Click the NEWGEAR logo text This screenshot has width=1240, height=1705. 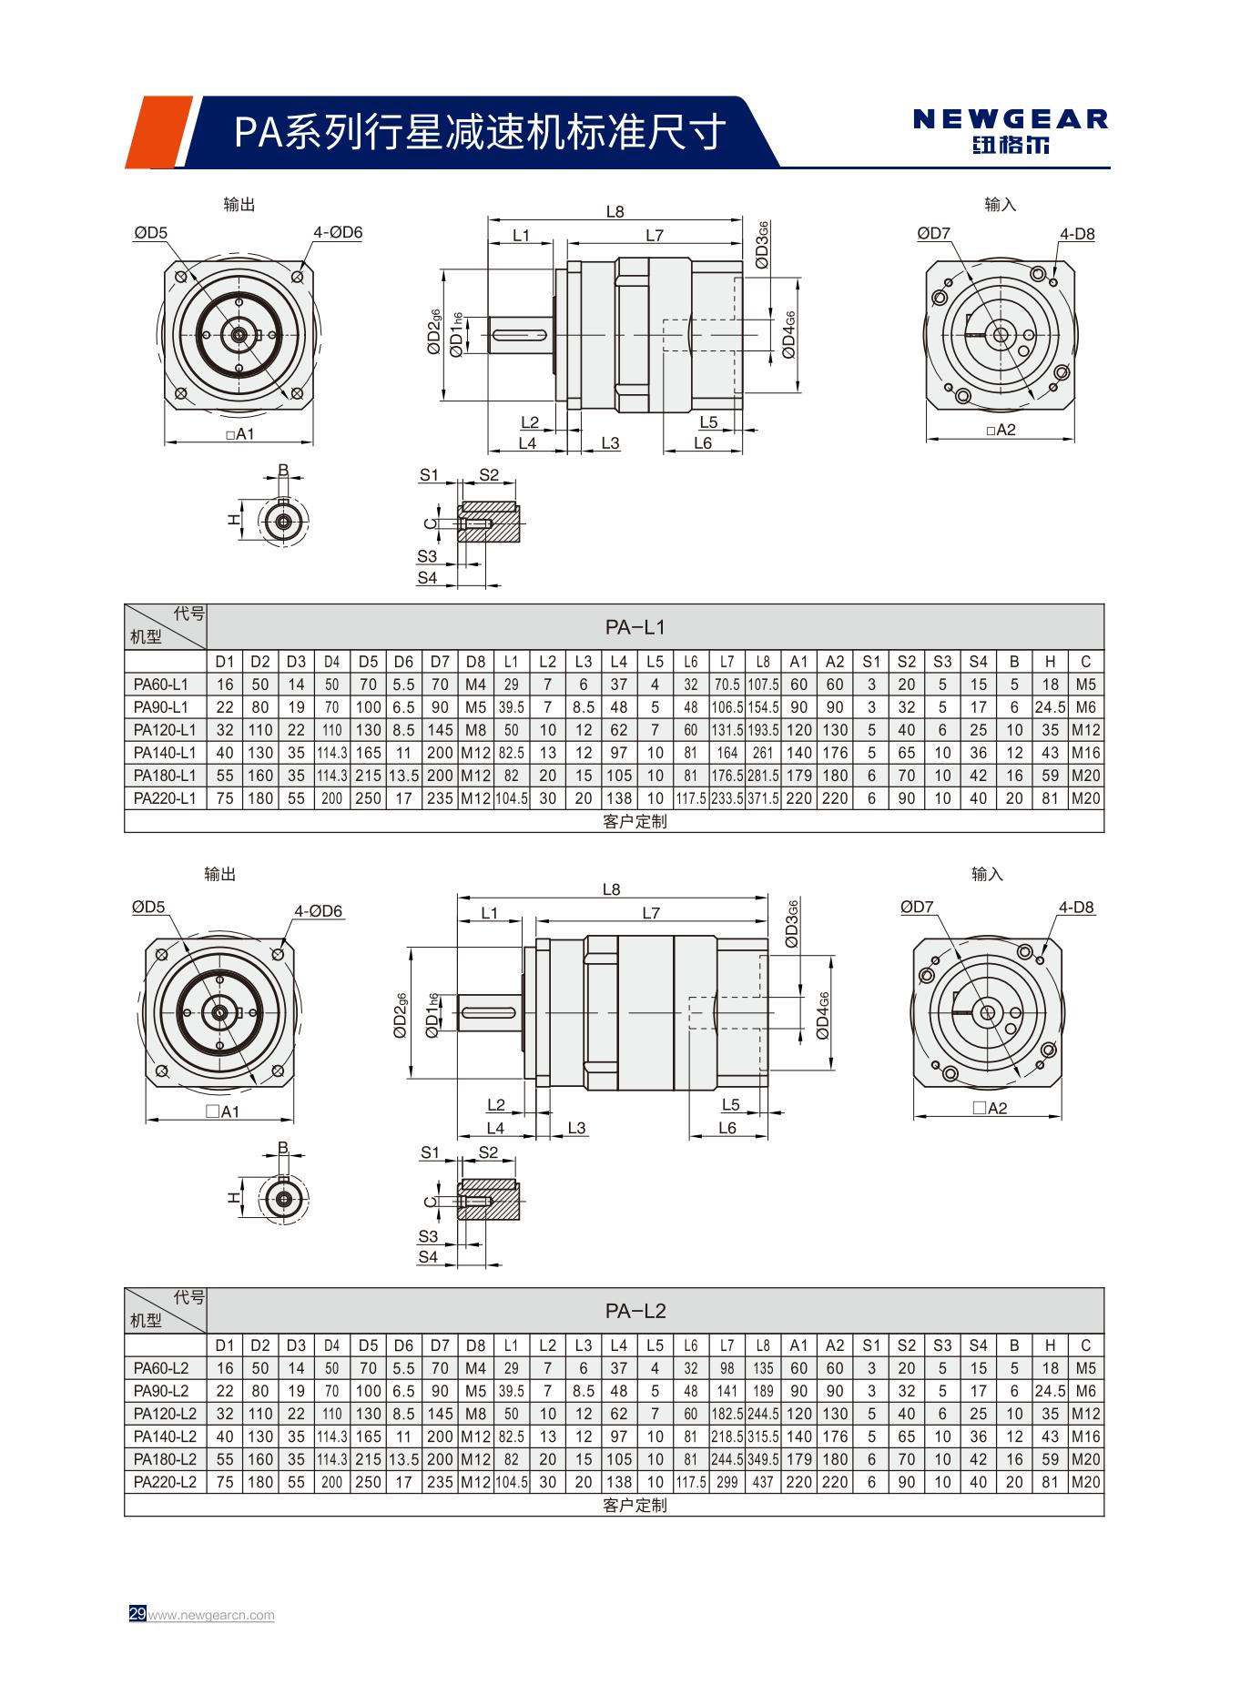click(x=1011, y=119)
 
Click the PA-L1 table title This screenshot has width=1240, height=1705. click(x=635, y=627)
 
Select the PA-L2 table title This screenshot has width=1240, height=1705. click(x=635, y=1311)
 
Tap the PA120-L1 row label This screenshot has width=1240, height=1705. click(x=165, y=730)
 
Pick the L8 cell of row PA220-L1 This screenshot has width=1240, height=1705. click(x=763, y=798)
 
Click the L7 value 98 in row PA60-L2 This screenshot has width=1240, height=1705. click(x=727, y=1368)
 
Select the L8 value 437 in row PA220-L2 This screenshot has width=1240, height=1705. click(x=763, y=1482)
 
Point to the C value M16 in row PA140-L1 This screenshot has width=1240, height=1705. click(x=1085, y=753)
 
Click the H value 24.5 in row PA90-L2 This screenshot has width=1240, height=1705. click(x=1050, y=1391)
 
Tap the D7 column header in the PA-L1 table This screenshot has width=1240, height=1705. click(x=440, y=662)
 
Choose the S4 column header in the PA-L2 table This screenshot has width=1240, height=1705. click(x=978, y=1345)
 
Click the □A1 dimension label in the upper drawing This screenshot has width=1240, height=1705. click(x=239, y=435)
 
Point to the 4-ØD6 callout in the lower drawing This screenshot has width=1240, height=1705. click(x=319, y=911)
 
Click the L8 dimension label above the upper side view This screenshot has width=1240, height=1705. click(x=615, y=212)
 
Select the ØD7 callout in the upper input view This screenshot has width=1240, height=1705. click(x=933, y=234)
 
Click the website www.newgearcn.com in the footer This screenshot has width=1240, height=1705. click(x=211, y=1615)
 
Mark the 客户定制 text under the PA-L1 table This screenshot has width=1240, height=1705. click(x=635, y=821)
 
